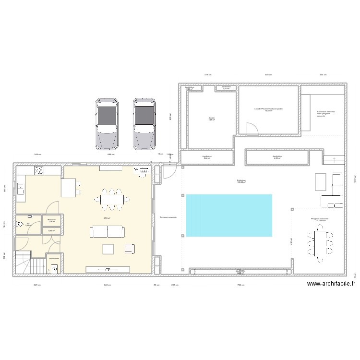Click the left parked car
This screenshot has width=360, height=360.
point(107,124)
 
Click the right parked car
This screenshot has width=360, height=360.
point(144,124)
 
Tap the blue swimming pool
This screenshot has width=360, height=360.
point(228,215)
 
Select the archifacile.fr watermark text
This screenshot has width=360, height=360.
point(331,284)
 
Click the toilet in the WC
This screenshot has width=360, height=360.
point(21,224)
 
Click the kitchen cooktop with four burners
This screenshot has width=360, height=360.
point(37,170)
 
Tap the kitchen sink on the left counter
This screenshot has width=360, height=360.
point(21,188)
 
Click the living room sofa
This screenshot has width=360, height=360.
point(108,232)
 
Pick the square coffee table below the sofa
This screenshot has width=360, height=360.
point(108,249)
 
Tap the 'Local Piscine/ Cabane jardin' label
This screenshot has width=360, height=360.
point(269,109)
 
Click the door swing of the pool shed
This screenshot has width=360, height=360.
point(251,129)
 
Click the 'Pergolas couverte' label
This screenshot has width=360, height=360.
point(319,219)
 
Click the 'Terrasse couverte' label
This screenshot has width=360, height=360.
point(168,217)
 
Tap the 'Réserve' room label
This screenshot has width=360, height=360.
point(52,220)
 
